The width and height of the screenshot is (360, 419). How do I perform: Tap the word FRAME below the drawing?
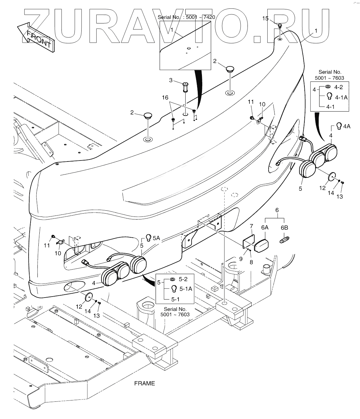coord(145,383)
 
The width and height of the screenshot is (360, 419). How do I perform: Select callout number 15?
coord(265,19)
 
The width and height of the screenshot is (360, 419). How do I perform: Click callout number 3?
coord(170,80)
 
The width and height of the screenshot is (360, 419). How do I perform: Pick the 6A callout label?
coord(265,227)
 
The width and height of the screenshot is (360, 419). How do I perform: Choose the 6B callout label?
coord(284,227)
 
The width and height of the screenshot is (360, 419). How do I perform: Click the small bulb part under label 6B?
coord(284,241)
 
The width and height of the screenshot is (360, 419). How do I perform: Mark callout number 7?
coord(251,226)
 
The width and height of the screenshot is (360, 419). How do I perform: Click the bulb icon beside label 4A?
coord(339,126)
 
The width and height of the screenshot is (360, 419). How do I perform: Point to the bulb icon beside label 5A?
coord(148,238)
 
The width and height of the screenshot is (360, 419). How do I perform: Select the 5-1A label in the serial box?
coord(186,288)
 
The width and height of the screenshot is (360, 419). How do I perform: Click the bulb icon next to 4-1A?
coord(329,96)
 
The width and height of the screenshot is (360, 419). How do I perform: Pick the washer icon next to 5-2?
coord(172,280)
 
